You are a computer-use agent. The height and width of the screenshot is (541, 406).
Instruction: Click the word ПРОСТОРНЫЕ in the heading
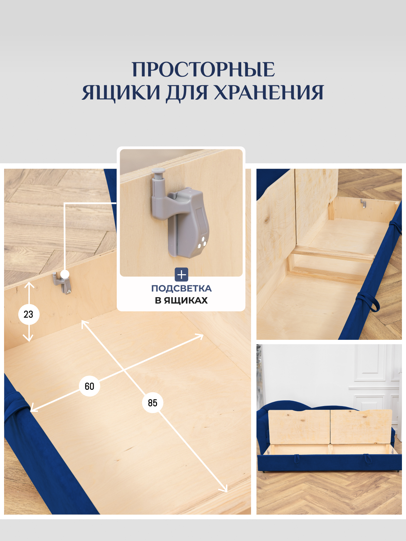pyautogui.click(x=203, y=70)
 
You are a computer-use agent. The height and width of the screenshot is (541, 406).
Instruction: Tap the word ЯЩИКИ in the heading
pyautogui.click(x=121, y=92)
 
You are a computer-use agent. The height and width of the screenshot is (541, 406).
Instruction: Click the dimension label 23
pyautogui.click(x=29, y=314)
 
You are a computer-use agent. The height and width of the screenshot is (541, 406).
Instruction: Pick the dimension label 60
pyautogui.click(x=90, y=386)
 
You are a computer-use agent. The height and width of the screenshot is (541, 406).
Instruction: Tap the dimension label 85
pyautogui.click(x=153, y=403)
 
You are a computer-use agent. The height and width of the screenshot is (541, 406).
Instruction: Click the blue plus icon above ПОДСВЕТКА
pyautogui.click(x=181, y=275)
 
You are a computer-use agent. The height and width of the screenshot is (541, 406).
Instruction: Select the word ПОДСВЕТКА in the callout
pyautogui.click(x=181, y=288)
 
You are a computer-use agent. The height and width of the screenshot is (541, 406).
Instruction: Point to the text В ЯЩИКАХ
pyautogui.click(x=181, y=300)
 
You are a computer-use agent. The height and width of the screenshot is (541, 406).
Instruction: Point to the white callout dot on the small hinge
pyautogui.click(x=65, y=274)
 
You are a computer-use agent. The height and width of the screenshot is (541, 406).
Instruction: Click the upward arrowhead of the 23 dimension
pyautogui.click(x=29, y=285)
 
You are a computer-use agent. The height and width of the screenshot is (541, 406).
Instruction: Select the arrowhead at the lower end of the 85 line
pyautogui.click(x=224, y=489)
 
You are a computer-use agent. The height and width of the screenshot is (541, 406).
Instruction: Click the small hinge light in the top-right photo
pyautogui.click(x=363, y=203)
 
